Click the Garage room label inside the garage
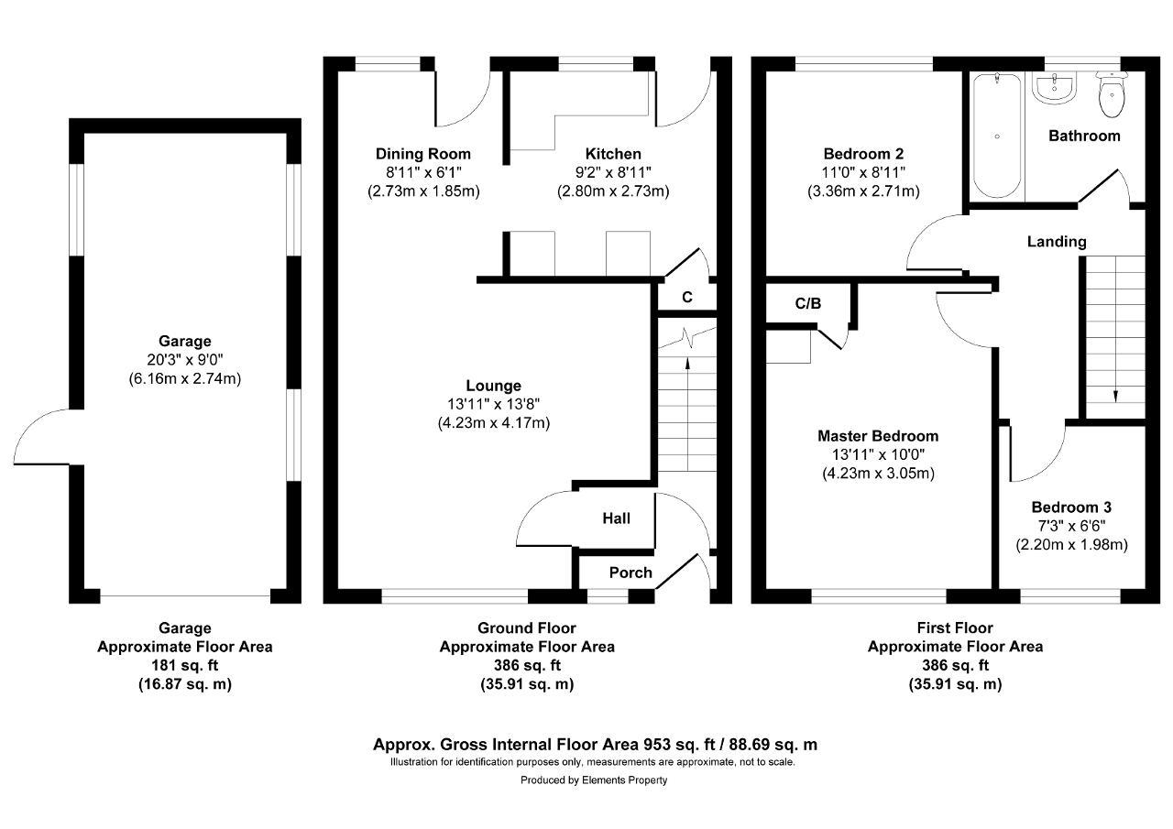pyautogui.click(x=185, y=342)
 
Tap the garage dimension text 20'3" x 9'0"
pyautogui.click(x=185, y=360)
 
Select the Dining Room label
pyautogui.click(x=423, y=154)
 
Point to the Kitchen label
pyautogui.click(x=613, y=154)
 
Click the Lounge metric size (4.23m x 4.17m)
pyautogui.click(x=494, y=423)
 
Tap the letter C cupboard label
pyautogui.click(x=687, y=298)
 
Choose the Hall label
pyautogui.click(x=617, y=518)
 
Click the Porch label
pyautogui.click(x=630, y=573)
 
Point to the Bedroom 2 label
pyautogui.click(x=863, y=154)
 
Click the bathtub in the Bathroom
pyautogui.click(x=997, y=135)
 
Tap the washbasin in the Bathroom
pyautogui.click(x=1054, y=87)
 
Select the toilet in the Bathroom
pyautogui.click(x=1112, y=94)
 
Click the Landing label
pyautogui.click(x=1057, y=242)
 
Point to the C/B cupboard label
pyautogui.click(x=808, y=303)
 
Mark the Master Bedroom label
pyautogui.click(x=878, y=436)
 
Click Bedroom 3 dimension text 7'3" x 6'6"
pyautogui.click(x=1072, y=526)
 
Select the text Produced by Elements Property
pyautogui.click(x=594, y=780)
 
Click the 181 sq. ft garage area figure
pyautogui.click(x=185, y=666)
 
